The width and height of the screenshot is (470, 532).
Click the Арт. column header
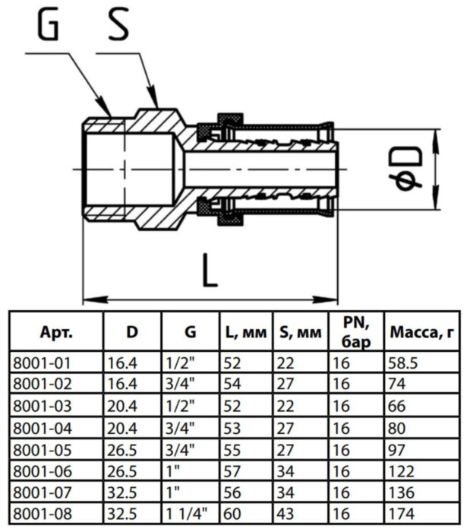55,332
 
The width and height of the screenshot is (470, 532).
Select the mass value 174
399,515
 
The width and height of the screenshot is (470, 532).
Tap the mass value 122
399,471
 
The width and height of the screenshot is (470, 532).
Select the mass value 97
396,449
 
